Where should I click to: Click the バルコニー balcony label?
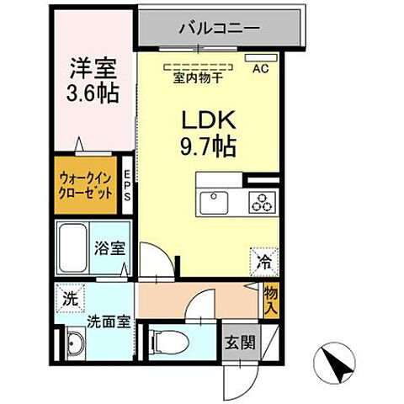[x=217, y=28]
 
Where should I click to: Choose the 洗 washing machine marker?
[x=68, y=298]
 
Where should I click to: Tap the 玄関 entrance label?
[x=237, y=343]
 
